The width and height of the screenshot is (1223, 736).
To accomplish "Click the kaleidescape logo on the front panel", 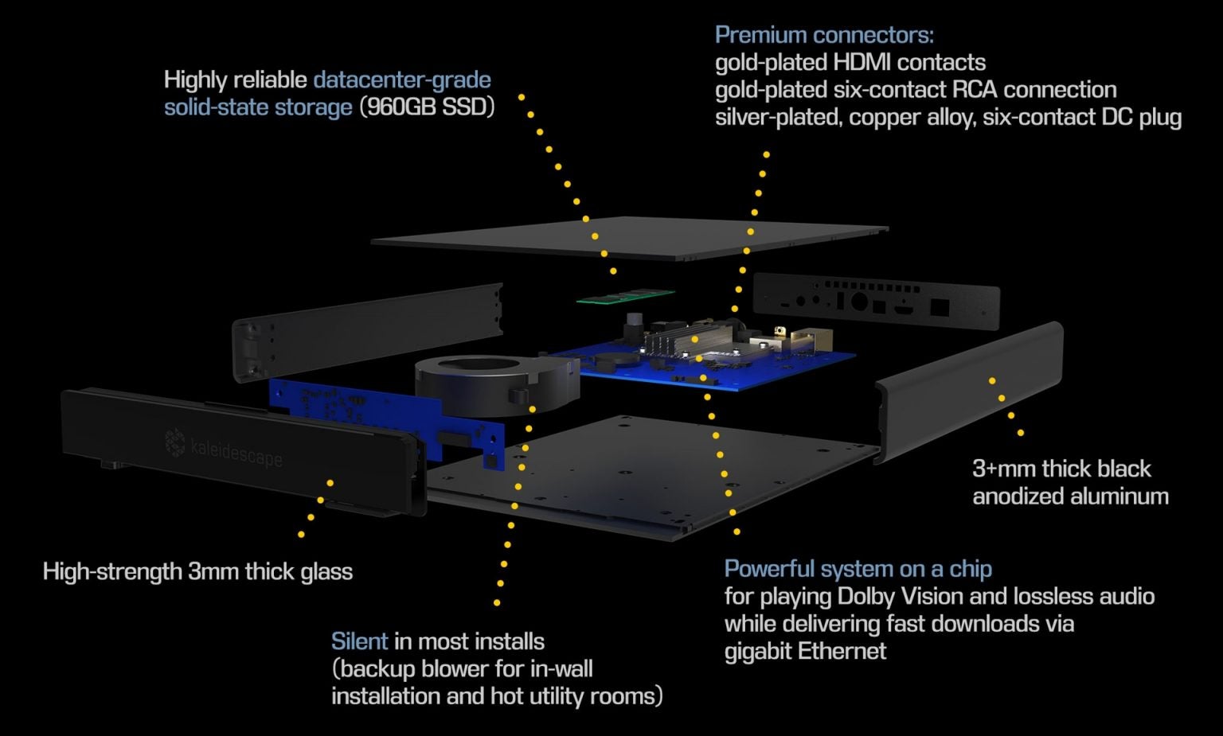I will (224, 448).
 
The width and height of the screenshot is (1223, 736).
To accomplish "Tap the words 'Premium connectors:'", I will (824, 35).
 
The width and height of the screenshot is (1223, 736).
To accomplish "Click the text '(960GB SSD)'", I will (427, 107).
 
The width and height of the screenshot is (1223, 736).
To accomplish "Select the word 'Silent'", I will (359, 641).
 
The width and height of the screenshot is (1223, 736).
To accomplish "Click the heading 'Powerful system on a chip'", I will (858, 569).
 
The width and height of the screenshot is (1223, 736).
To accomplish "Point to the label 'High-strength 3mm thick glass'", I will (197, 571).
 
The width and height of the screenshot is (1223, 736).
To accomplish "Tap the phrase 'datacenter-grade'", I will (402, 80).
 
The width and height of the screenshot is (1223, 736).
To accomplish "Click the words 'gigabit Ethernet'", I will (805, 651).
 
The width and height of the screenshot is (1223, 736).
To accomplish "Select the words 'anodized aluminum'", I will (1070, 497).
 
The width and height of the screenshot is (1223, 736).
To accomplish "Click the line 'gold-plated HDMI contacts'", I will (850, 62).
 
